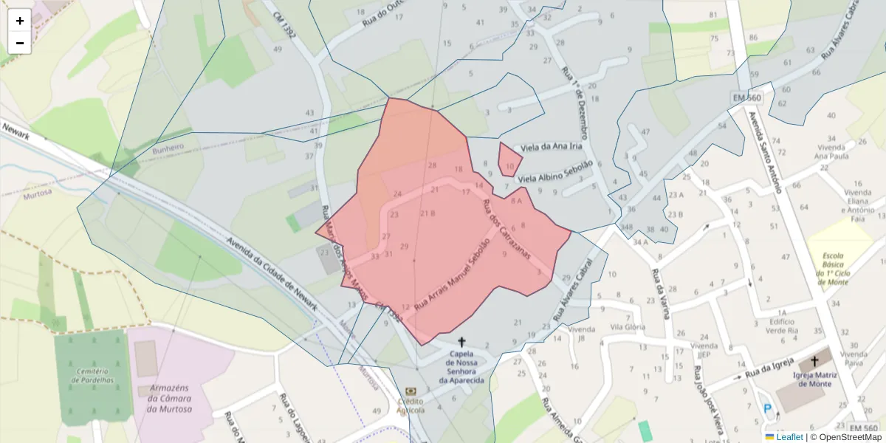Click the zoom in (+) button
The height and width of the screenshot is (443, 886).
coord(20,21)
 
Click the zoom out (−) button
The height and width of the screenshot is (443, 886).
coord(20,43)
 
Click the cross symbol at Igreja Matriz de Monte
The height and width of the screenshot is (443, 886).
coord(814,362)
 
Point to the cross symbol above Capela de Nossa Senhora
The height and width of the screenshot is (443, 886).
coord(462,342)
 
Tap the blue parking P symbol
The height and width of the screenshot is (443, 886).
coord(768,408)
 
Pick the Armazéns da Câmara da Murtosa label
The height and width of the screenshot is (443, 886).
coord(170,398)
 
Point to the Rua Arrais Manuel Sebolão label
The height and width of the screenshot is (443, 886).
coord(451,273)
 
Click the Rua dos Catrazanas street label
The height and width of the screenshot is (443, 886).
coord(506,228)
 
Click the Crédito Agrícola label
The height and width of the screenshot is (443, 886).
coord(411,405)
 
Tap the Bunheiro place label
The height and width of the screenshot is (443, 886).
coord(168,148)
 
